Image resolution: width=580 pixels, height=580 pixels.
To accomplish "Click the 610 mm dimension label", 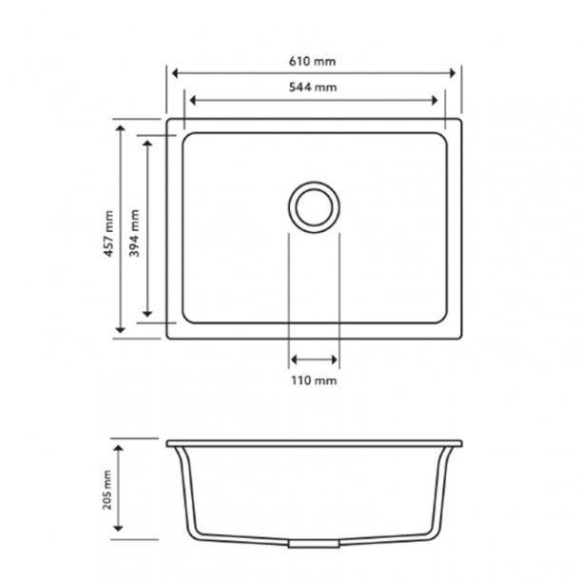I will pyautogui.click(x=314, y=60).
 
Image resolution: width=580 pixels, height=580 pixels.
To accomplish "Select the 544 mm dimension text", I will pyautogui.click(x=314, y=87).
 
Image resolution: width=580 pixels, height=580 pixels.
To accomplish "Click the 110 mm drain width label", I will pyautogui.click(x=314, y=380).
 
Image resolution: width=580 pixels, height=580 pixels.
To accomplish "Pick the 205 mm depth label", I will pyautogui.click(x=108, y=491).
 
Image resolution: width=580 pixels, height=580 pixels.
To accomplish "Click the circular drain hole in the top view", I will pyautogui.click(x=313, y=204).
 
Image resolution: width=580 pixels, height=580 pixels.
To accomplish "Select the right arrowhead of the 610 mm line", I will pyautogui.click(x=455, y=72).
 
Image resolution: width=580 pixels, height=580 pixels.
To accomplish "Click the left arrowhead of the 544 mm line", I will pyautogui.click(x=193, y=99).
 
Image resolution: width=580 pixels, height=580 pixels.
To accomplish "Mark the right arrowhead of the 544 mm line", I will pyautogui.click(x=437, y=99).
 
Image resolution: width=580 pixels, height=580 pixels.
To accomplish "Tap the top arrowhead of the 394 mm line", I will pyautogui.click(x=147, y=140).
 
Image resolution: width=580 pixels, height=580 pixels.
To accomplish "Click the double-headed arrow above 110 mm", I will pyautogui.click(x=314, y=359).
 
